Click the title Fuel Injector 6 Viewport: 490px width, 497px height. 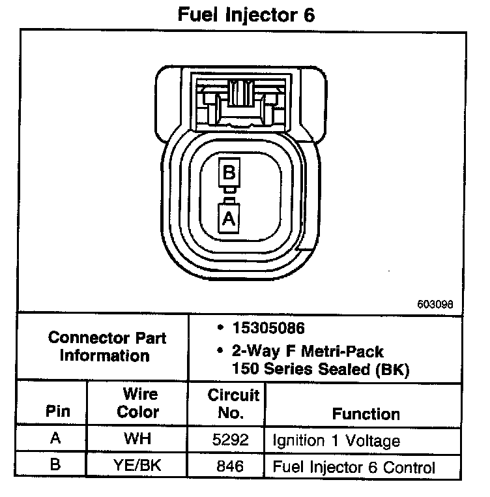(246, 14)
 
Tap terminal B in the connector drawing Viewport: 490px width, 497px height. (228, 173)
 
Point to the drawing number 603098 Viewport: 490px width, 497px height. (435, 304)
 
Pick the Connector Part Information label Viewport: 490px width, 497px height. (107, 347)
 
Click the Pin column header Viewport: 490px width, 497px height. (55, 412)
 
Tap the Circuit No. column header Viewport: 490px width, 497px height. (233, 404)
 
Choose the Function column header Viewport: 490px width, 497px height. (366, 414)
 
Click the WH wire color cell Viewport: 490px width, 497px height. (138, 440)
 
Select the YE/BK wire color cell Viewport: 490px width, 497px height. (138, 467)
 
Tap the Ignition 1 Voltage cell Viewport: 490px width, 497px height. (336, 441)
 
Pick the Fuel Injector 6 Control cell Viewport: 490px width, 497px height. (354, 468)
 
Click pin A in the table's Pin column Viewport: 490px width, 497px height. (55, 440)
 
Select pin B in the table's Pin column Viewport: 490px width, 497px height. (55, 467)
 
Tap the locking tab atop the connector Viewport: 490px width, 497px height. (240, 91)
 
